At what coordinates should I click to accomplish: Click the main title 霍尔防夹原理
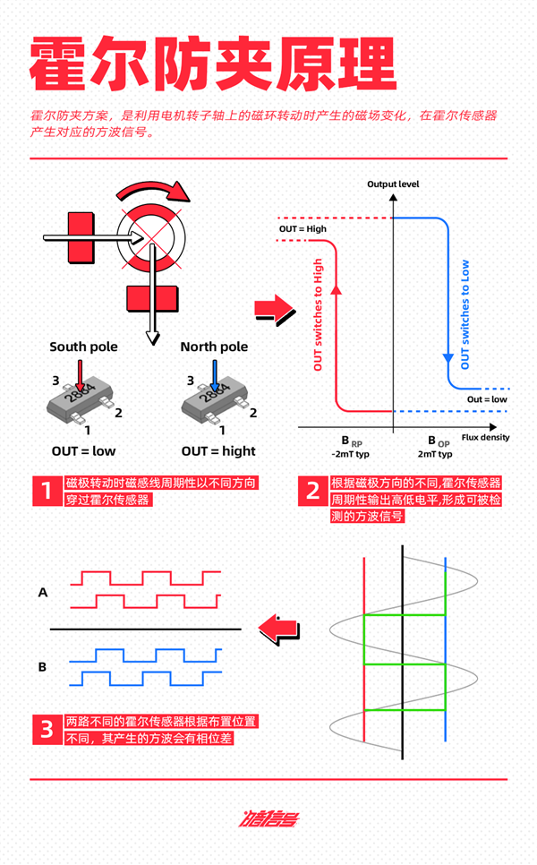coord(212,64)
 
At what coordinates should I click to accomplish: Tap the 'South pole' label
coord(83,347)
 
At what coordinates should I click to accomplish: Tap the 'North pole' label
coord(214,347)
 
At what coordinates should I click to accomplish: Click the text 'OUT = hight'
coord(218,451)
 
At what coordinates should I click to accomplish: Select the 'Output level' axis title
coord(393,184)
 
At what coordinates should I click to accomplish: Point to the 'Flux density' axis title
coord(486,438)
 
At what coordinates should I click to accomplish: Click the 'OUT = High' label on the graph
coord(303,229)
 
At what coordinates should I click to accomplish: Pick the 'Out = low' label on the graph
coord(488,399)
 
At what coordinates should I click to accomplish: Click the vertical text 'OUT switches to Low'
coord(465,314)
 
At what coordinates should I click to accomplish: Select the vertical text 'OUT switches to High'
coord(318,314)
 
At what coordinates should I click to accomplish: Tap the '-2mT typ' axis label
coord(350,455)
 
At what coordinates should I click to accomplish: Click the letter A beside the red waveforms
coord(42,592)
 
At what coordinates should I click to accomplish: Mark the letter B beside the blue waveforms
coord(42,667)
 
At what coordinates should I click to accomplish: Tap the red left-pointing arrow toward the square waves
coord(278,629)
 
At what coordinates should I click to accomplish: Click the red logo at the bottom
coord(268,818)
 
